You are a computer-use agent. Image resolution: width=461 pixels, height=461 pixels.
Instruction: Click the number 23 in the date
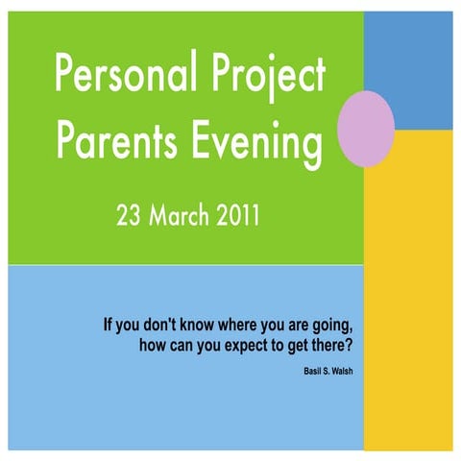pos(130,215)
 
